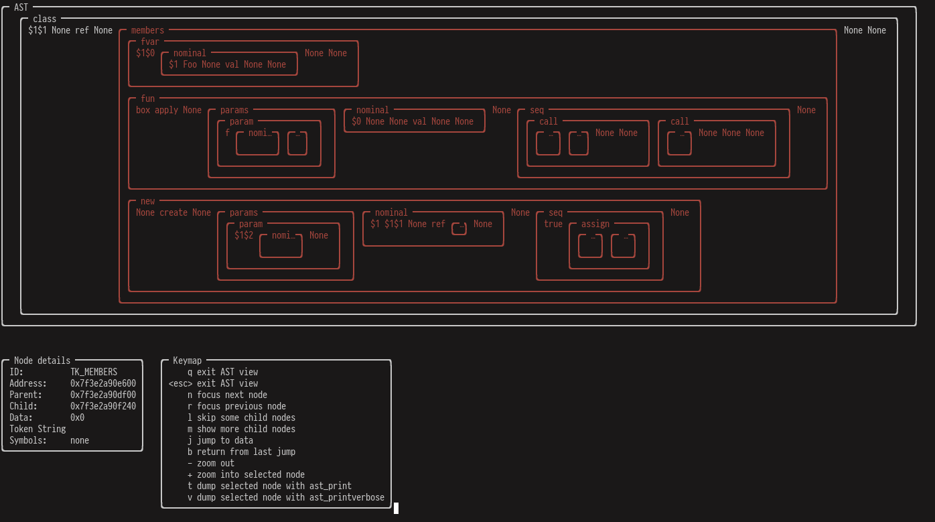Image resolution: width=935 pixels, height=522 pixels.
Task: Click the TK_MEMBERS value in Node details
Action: coord(94,372)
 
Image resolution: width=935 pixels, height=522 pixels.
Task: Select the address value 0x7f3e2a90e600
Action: coord(103,383)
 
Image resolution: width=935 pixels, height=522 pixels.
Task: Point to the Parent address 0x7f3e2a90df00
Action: coord(103,395)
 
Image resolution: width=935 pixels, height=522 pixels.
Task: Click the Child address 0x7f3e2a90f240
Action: coord(103,406)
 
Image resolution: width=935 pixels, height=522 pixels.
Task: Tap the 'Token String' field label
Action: coord(38,429)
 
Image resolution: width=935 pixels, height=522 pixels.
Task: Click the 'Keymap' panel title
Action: coord(187,361)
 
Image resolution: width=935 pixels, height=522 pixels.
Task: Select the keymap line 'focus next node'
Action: coord(232,395)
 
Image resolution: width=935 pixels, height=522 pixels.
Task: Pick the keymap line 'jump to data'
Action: coord(225,440)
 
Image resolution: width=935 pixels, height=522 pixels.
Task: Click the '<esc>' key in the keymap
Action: coord(180,383)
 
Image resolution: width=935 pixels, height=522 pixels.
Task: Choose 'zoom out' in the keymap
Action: coord(216,463)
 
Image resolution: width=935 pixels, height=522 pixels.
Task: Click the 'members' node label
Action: coord(147,30)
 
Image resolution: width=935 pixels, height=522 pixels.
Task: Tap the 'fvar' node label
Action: coord(150,42)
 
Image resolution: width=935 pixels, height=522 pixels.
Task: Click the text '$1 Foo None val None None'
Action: coord(227,64)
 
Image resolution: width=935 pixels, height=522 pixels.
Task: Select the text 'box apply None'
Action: coord(169,110)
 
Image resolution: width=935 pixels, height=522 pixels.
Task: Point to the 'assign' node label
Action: coord(595,224)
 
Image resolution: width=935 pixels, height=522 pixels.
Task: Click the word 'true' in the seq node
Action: coord(553,224)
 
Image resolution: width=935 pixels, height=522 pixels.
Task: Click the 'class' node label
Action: coord(45,19)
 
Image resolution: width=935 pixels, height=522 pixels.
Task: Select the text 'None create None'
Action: coord(173,212)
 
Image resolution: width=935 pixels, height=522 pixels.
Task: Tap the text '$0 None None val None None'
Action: coord(413,121)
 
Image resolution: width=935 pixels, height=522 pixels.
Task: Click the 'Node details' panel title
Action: coord(42,361)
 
